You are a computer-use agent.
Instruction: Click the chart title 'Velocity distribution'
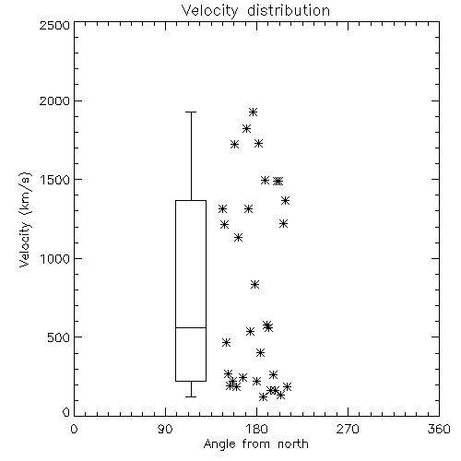[x=255, y=10]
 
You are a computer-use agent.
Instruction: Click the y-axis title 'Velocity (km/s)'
[x=25, y=219]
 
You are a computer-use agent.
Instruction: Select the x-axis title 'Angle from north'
[x=255, y=444]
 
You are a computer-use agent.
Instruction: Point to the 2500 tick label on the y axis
[x=54, y=25]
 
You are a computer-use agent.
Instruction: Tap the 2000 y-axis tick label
[x=54, y=100]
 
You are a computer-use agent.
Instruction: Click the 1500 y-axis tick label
[x=55, y=180]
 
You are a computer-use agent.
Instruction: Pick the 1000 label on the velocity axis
[x=55, y=259]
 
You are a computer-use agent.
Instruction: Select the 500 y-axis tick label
[x=59, y=337]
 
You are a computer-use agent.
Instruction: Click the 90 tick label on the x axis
[x=165, y=429]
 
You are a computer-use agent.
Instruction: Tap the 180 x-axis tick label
[x=256, y=429]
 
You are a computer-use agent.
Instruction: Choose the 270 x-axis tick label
[x=348, y=429]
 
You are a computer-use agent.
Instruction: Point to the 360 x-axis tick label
[x=439, y=429]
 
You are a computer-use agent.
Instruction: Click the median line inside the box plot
[x=191, y=327]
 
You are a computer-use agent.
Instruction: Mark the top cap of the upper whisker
[x=191, y=112]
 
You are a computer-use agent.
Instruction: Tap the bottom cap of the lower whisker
[x=191, y=396]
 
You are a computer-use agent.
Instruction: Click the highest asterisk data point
[x=253, y=112]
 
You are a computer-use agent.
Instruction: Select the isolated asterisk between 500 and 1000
[x=254, y=285]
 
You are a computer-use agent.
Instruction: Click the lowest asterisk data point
[x=263, y=396]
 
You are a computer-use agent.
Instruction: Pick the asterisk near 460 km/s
[x=226, y=342]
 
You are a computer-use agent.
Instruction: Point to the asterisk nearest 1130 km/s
[x=238, y=237]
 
